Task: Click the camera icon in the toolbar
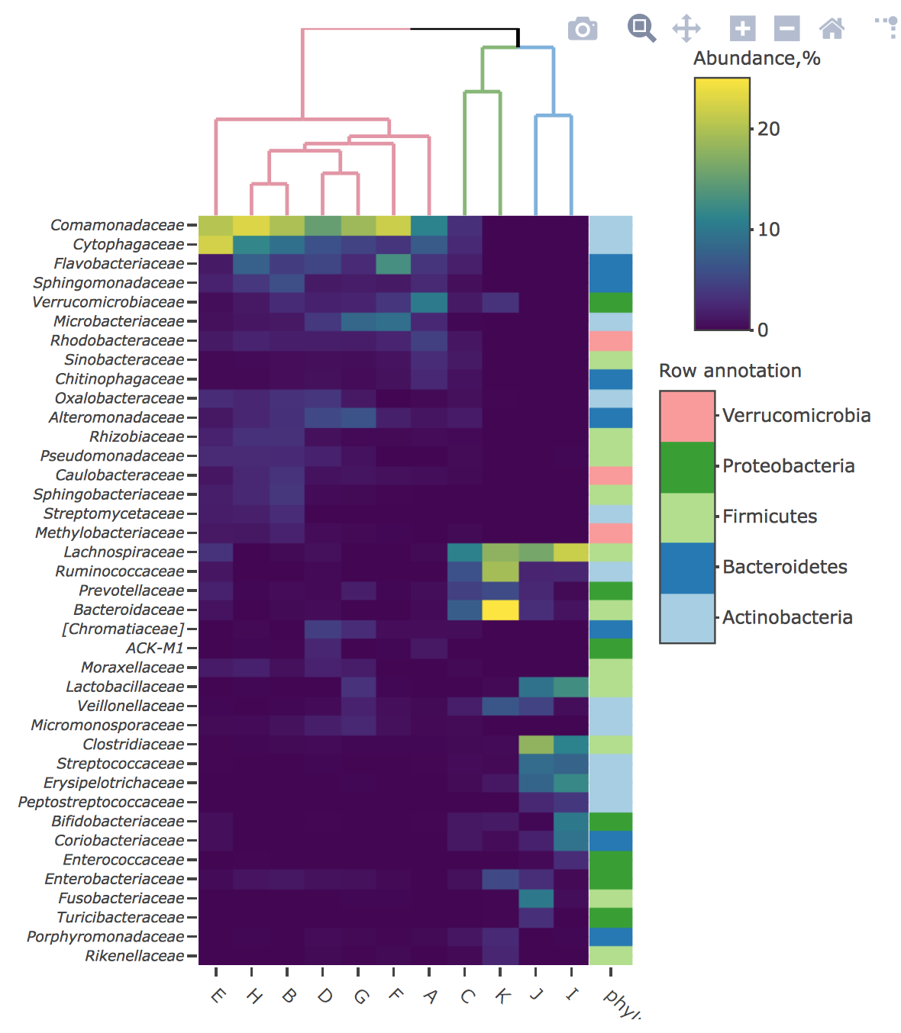[x=583, y=29]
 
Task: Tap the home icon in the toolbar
[x=832, y=29]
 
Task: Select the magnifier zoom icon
[x=641, y=28]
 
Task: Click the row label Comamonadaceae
[x=117, y=225]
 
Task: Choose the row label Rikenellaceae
[x=134, y=955]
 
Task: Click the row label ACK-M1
[x=155, y=648]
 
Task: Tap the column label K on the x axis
[x=502, y=996]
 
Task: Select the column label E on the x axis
[x=218, y=996]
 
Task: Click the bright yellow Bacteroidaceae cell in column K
[x=500, y=610]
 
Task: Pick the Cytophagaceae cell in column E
[x=216, y=244]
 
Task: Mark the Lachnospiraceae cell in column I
[x=571, y=552]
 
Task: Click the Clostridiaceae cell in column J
[x=536, y=744]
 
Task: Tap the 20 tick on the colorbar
[x=768, y=129]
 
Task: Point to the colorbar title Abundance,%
[x=757, y=59]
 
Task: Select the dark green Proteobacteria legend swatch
[x=687, y=467]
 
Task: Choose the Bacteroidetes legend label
[x=785, y=567]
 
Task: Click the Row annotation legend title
[x=730, y=371]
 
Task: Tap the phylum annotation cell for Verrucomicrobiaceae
[x=611, y=302]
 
